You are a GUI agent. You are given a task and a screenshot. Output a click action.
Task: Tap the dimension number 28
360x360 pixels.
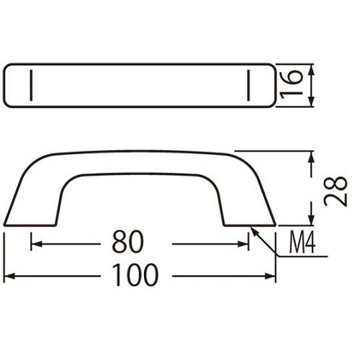pos(336,192)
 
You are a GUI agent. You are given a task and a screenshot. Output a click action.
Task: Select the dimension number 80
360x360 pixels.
pos(128,242)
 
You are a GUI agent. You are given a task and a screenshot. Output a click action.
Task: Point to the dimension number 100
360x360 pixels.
pos(135,275)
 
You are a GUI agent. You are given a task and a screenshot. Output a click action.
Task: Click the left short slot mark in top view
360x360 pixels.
pos(31,85)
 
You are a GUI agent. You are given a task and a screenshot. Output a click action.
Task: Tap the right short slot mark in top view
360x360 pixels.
pos(248,85)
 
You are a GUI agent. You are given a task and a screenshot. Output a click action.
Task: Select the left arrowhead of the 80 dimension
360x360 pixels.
pos(37,244)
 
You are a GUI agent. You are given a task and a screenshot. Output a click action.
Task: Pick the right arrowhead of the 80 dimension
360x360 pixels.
pos(243,244)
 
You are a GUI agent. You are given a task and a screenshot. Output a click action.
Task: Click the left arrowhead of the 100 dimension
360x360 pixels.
pos(10,276)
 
